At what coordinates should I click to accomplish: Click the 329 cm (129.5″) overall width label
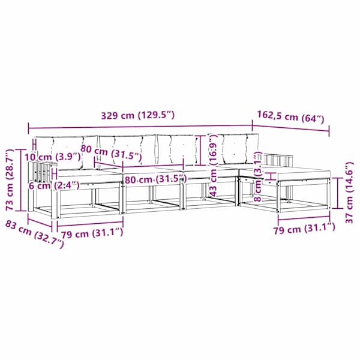click(138, 115)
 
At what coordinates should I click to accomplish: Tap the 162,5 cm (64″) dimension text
click(290, 117)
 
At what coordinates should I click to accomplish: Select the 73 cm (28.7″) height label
click(10, 180)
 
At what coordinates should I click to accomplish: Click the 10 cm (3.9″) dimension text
click(53, 157)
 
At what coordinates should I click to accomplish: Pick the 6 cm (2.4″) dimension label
click(54, 185)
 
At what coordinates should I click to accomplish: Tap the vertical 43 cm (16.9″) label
click(213, 166)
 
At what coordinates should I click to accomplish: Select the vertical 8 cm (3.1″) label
click(259, 176)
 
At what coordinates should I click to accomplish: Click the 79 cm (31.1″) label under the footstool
click(304, 228)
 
